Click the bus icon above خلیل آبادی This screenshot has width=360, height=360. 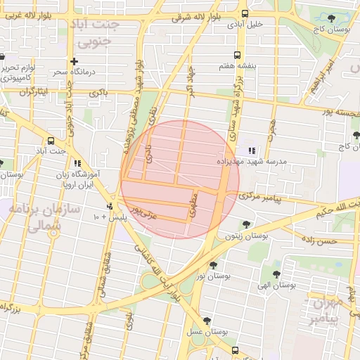[x=245, y=13]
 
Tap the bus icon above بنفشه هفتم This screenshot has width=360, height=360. [x=237, y=54]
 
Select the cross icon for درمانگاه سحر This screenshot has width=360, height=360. [x=74, y=61]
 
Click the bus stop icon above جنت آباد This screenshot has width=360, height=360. [x=50, y=140]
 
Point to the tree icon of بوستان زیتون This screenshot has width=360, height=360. [x=245, y=225]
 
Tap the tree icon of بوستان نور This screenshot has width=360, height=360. [x=213, y=265]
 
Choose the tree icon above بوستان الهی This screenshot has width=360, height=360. [x=275, y=273]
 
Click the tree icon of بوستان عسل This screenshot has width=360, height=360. [x=206, y=320]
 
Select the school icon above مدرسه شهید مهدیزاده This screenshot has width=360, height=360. [x=252, y=150]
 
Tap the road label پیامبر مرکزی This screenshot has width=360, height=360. [x=262, y=198]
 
